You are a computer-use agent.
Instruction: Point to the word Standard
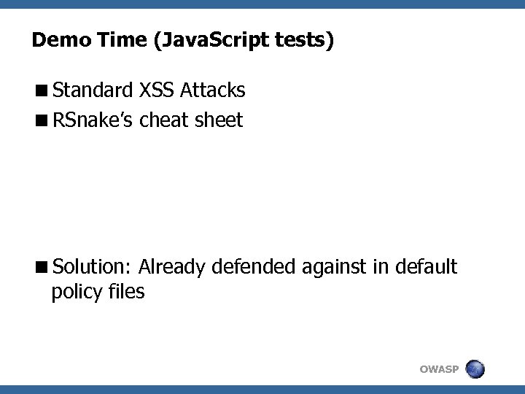point(92,90)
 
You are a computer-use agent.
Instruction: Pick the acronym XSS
point(156,90)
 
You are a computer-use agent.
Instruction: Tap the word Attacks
point(213,90)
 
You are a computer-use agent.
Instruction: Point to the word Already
point(172,268)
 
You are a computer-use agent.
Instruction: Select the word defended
point(253,267)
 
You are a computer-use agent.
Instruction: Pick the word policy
point(76,293)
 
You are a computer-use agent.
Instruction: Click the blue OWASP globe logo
point(475,369)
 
